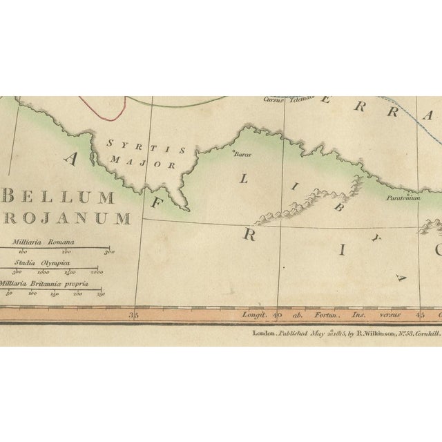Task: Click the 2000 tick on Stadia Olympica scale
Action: tap(97, 272)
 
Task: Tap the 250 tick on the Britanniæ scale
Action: tap(101, 294)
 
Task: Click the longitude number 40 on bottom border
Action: tap(277, 316)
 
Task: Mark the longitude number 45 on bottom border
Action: tap(419, 316)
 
